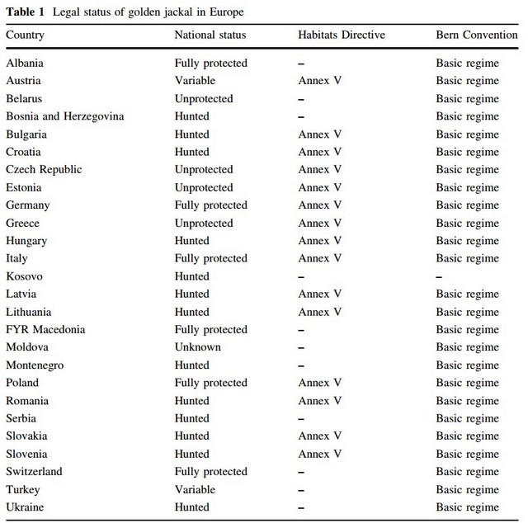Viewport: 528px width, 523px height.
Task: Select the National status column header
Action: pyautogui.click(x=210, y=35)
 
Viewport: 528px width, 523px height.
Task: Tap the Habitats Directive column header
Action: pyautogui.click(x=342, y=35)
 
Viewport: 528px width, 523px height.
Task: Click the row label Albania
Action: pyautogui.click(x=25, y=64)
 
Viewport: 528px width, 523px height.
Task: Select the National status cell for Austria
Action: pyautogui.click(x=195, y=81)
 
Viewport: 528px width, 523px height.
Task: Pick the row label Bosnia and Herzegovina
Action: pyautogui.click(x=64, y=116)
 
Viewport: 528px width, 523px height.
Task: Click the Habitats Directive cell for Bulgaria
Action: pyautogui.click(x=320, y=134)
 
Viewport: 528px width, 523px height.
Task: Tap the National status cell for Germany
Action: pyautogui.click(x=210, y=205)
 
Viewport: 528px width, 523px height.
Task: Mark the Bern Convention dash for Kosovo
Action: pyautogui.click(x=439, y=276)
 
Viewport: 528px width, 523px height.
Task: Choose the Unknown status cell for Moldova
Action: pyautogui.click(x=197, y=347)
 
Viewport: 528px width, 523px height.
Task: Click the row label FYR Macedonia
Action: pyautogui.click(x=45, y=330)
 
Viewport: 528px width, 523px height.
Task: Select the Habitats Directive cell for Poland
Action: pyautogui.click(x=320, y=383)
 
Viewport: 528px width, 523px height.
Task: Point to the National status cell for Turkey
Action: pyautogui.click(x=195, y=489)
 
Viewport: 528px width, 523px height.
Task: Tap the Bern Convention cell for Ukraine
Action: pyautogui.click(x=467, y=507)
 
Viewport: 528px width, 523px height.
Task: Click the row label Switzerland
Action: pyautogui.click(x=34, y=472)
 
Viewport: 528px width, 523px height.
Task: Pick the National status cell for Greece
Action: pyautogui.click(x=203, y=224)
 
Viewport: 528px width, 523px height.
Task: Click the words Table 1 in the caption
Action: pyautogui.click(x=26, y=12)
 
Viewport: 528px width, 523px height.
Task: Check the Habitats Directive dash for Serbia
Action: pyautogui.click(x=301, y=418)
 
